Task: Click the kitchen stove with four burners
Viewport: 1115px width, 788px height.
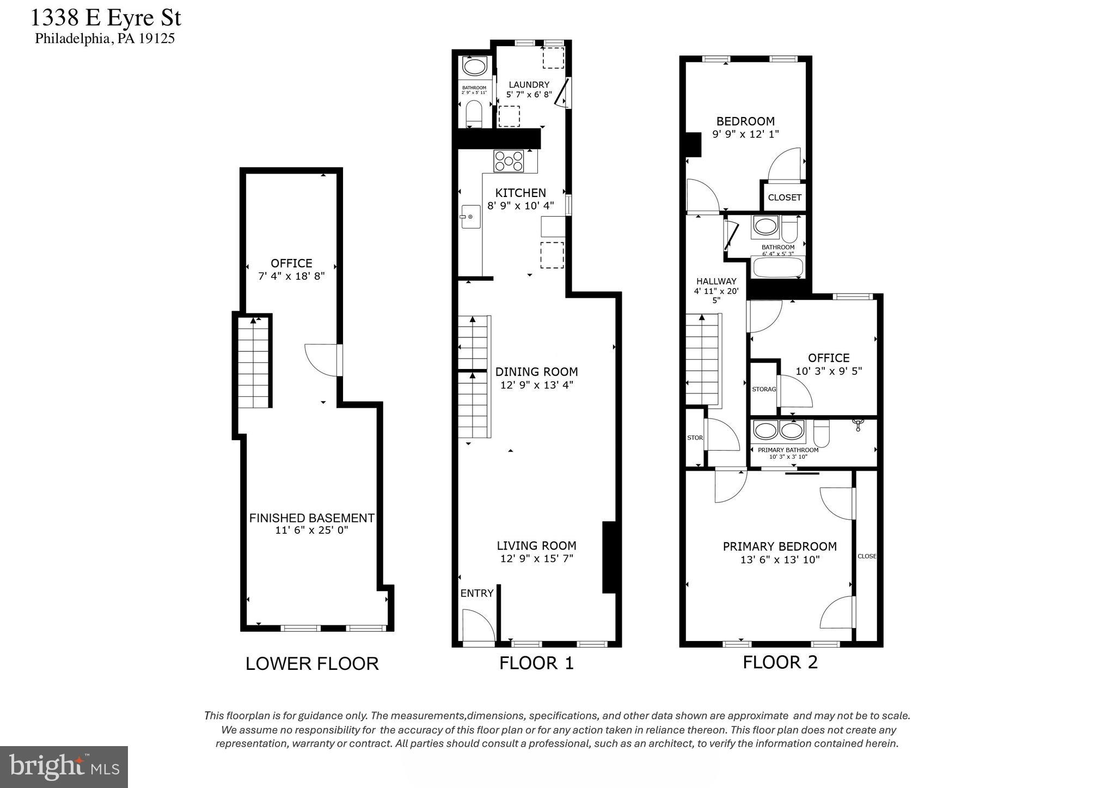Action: point(509,161)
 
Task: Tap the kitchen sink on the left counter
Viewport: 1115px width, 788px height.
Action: point(470,217)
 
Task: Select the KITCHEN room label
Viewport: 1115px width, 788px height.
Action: point(520,193)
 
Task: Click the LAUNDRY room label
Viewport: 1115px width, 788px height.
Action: point(529,84)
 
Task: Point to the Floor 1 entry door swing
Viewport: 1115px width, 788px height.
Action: point(477,626)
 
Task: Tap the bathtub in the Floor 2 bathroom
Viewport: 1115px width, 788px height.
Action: point(777,267)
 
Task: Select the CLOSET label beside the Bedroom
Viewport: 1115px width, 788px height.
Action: point(784,198)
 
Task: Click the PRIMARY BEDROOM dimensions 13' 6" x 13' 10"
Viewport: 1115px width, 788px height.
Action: point(780,560)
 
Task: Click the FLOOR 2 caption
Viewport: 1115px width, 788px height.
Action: point(780,662)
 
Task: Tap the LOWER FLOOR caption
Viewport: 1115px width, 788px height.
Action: point(312,663)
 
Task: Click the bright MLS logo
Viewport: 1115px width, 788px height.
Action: point(64,767)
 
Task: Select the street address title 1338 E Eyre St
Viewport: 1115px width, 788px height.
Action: point(106,17)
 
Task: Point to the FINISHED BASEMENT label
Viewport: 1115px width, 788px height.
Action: point(311,518)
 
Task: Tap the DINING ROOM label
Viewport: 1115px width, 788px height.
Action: point(536,372)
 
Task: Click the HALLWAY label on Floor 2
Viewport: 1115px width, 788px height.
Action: point(716,281)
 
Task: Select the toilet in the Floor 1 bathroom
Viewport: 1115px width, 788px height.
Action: point(474,114)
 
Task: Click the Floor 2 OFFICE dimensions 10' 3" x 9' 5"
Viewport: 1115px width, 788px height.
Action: point(829,372)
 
